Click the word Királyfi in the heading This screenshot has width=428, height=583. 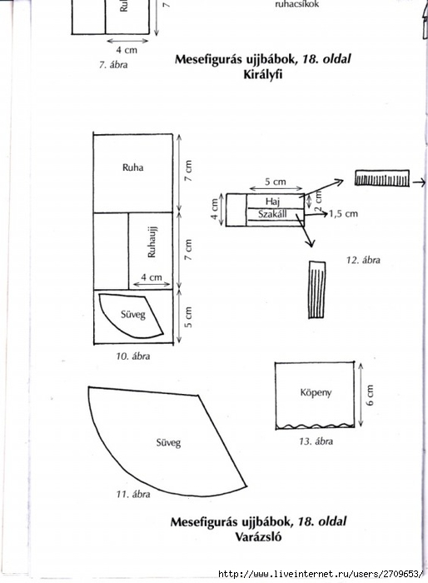tap(263, 75)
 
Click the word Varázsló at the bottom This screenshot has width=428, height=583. tap(258, 537)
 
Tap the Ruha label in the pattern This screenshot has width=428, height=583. tap(132, 167)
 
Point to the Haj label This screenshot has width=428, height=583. tap(272, 202)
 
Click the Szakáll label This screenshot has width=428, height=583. tap(272, 215)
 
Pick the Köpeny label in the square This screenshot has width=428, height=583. tap(316, 393)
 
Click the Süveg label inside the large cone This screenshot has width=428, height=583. tap(168, 443)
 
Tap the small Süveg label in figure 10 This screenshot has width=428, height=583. tap(132, 315)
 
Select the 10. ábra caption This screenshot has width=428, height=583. tap(133, 356)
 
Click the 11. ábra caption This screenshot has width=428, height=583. tap(133, 494)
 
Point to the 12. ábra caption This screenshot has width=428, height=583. tap(363, 260)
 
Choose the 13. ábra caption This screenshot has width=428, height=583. tap(316, 441)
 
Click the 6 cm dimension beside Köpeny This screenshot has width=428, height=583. tap(370, 396)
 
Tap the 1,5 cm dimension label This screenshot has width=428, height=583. tap(343, 214)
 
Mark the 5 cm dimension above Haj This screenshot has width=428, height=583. tap(276, 182)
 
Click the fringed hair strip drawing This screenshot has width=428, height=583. tap(382, 177)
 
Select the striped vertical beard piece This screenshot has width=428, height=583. tap(316, 290)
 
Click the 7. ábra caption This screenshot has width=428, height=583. tap(113, 65)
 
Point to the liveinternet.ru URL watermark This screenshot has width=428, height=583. tap(321, 574)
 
